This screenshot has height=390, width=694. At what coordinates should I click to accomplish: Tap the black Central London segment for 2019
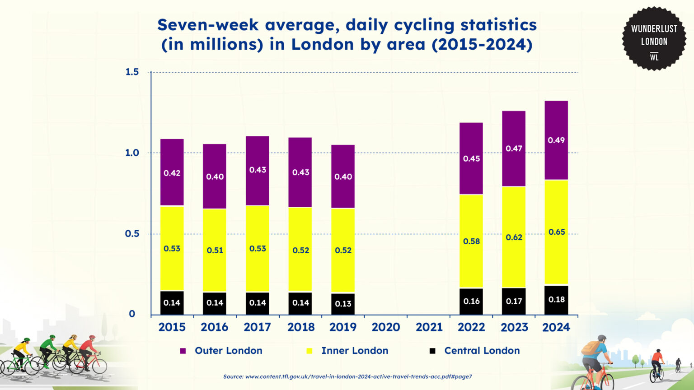click(x=343, y=304)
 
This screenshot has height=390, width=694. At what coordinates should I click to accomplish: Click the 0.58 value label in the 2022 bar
click(x=471, y=241)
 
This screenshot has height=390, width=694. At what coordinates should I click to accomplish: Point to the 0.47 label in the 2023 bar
click(x=514, y=149)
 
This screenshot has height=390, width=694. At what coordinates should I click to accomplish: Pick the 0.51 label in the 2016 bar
click(x=215, y=251)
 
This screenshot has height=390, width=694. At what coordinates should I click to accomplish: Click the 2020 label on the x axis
click(x=385, y=327)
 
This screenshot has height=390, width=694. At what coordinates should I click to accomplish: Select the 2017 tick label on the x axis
click(x=257, y=327)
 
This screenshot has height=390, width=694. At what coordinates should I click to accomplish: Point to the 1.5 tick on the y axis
click(x=132, y=72)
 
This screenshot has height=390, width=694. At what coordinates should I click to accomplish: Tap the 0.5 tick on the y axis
click(x=132, y=234)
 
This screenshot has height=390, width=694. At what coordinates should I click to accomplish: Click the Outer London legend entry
click(x=228, y=351)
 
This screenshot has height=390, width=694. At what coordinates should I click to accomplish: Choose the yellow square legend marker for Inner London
click(x=309, y=351)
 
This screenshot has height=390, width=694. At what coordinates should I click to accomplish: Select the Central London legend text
click(x=482, y=351)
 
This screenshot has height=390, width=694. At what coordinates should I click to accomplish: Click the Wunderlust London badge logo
click(x=654, y=39)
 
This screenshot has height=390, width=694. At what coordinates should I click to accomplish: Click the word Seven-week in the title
click(x=208, y=25)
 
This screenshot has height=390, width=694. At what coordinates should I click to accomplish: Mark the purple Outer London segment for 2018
click(x=300, y=172)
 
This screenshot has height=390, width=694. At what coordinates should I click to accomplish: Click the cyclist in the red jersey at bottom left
click(x=88, y=350)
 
